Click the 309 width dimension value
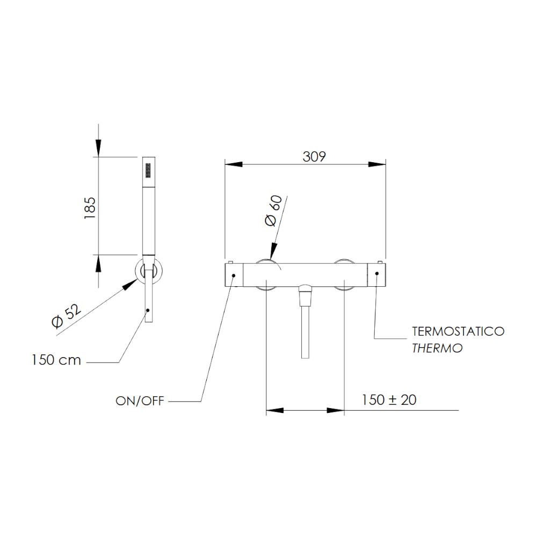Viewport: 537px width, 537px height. [x=314, y=156]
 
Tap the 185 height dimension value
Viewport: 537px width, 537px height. [x=90, y=208]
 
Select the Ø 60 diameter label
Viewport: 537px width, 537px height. [x=273, y=211]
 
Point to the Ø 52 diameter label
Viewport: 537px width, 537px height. [x=67, y=316]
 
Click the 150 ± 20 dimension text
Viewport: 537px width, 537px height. [x=389, y=400]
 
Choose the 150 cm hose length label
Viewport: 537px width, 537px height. [x=56, y=360]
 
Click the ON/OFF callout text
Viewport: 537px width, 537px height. [x=140, y=401]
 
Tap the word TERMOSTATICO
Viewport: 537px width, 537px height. [x=458, y=331]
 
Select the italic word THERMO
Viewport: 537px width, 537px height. [x=437, y=348]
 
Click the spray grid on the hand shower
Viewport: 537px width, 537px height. [x=148, y=170]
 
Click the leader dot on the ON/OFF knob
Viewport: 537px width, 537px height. [x=234, y=275]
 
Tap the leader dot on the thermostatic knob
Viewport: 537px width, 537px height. [x=377, y=273]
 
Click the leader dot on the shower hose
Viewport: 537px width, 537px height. [x=148, y=310]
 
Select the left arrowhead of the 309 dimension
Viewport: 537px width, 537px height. [x=234, y=164]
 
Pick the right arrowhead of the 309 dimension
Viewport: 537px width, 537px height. [x=377, y=164]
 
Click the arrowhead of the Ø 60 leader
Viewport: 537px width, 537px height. [x=273, y=251]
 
